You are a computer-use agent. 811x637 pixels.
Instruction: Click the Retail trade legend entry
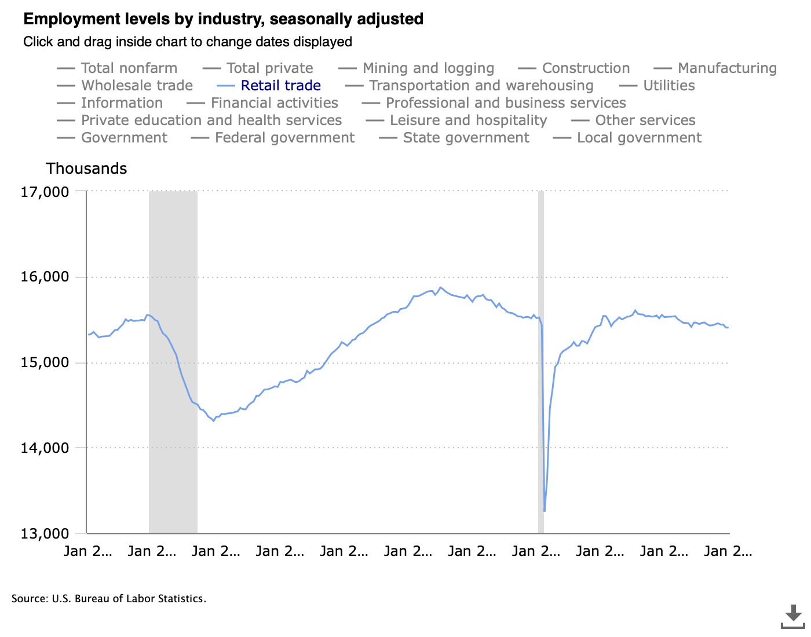(280, 86)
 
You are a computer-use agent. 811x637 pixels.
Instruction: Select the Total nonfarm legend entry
(129, 68)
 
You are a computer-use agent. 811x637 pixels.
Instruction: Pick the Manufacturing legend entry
(727, 68)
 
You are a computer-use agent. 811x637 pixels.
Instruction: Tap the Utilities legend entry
(668, 86)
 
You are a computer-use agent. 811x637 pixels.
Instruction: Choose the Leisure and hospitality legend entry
(468, 120)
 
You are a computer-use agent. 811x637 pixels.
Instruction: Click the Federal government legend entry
(284, 138)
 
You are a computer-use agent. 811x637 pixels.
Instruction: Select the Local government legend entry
(639, 138)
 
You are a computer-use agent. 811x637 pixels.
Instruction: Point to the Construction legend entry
(586, 68)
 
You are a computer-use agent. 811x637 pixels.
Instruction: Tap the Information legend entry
(122, 103)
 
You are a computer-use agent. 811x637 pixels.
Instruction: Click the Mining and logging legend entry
(428, 68)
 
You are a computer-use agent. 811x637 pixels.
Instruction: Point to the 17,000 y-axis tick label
(45, 192)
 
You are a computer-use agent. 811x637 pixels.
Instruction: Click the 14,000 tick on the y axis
(45, 448)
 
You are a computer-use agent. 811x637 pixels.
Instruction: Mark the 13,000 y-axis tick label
(45, 533)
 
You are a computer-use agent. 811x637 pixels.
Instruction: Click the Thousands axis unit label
(86, 169)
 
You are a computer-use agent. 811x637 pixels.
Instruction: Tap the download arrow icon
(793, 616)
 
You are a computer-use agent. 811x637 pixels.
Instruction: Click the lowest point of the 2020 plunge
(545, 511)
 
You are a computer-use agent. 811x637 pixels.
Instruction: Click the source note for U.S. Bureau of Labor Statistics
(109, 599)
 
